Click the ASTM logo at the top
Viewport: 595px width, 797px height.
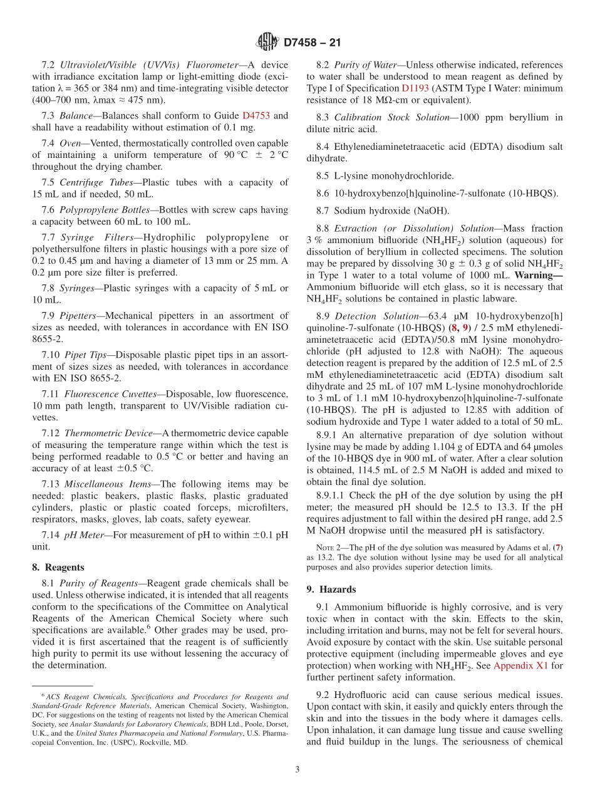267,43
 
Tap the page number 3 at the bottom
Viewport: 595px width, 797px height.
297,770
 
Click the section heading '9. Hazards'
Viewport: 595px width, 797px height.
331,589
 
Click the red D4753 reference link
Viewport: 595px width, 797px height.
257,116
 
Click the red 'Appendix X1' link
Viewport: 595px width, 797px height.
520,666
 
